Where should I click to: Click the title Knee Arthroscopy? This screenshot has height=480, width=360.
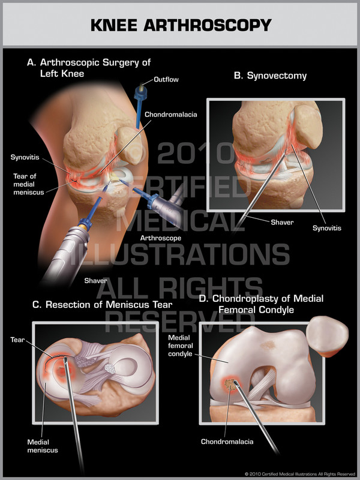coord(180,25)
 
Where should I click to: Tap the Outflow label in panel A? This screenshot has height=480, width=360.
coord(166,79)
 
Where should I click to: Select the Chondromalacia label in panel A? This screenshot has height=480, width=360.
coord(171,113)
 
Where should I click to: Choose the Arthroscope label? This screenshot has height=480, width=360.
coord(160,238)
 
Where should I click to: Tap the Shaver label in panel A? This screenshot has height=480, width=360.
coord(96,280)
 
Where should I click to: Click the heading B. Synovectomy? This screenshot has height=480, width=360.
coord(269,76)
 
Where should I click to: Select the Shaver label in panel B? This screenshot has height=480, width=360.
coord(282,222)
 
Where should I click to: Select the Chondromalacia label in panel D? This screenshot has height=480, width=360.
coord(227,442)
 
